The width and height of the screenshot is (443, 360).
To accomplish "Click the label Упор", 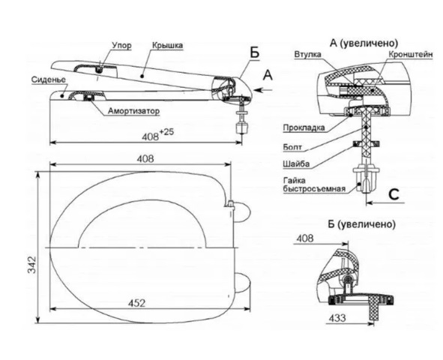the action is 121,45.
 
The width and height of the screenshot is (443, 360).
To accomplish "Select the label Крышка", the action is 167,45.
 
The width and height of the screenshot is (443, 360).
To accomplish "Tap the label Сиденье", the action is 48,79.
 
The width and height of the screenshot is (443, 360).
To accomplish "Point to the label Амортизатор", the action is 133,111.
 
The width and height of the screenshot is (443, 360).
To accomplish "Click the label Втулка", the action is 307,54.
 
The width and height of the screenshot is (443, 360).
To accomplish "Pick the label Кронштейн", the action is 411,54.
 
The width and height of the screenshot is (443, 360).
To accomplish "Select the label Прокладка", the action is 304,127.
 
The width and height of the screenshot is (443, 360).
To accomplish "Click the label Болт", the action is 292,147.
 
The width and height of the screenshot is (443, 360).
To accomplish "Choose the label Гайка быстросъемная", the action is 314,184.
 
